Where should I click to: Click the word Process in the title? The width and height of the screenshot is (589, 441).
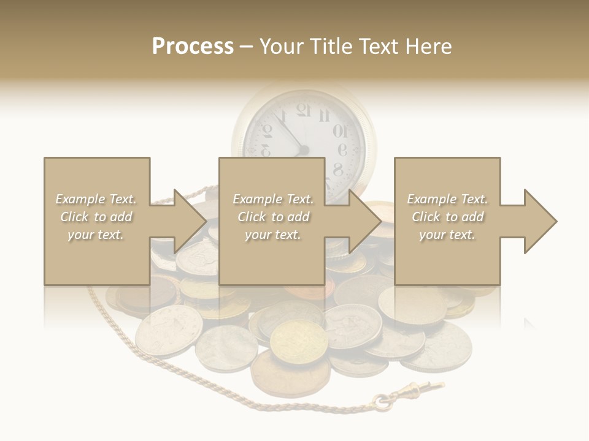click(193, 47)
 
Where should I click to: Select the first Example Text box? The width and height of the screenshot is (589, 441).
click(96, 221)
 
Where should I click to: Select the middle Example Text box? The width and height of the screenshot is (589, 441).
click(272, 221)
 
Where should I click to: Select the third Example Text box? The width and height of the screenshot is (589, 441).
click(447, 221)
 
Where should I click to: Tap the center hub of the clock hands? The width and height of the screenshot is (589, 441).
click(303, 150)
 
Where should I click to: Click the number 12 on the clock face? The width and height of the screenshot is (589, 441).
click(303, 111)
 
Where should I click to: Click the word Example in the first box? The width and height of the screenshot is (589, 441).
click(80, 199)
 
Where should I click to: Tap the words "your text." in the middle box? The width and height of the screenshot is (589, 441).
click(272, 235)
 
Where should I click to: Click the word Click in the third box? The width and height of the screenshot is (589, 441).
click(425, 217)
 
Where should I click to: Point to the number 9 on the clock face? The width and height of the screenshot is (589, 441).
click(342, 151)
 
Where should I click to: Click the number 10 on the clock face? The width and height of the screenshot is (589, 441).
click(339, 130)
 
